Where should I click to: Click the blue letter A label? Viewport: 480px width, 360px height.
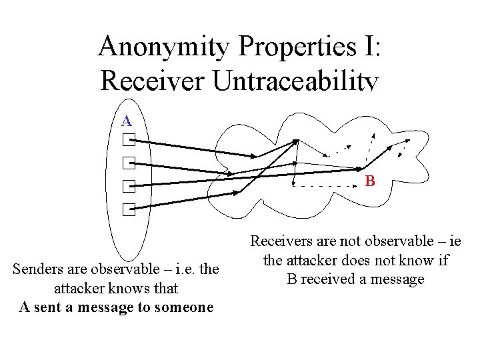127,121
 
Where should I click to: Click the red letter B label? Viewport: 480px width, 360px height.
370,181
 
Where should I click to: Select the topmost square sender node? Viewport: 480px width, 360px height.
129,140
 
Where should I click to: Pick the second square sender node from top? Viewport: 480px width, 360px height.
129,163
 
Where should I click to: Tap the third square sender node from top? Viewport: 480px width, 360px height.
129,187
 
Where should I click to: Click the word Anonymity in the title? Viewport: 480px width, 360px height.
164,47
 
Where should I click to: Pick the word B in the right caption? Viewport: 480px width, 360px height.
292,279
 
